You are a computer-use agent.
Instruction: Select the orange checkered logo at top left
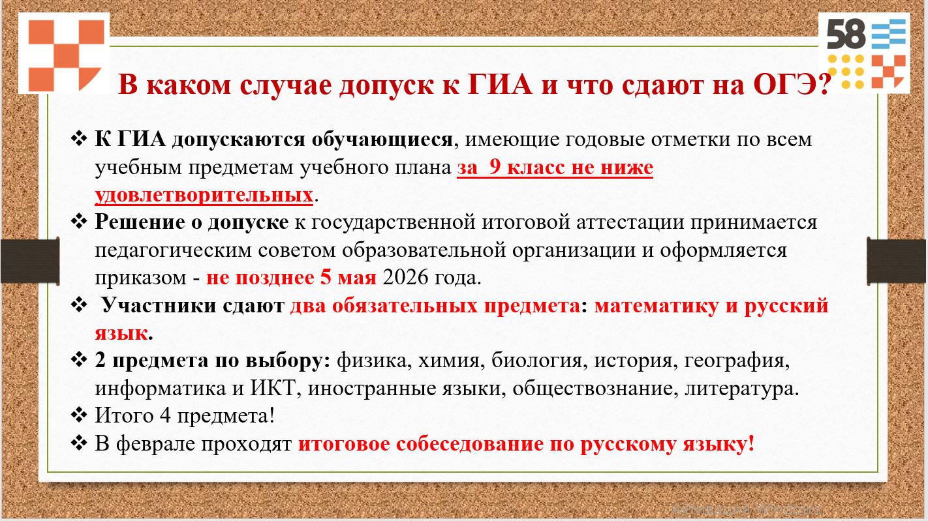point(65,54)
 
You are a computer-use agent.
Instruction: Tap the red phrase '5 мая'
point(348,277)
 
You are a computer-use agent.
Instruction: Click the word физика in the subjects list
point(371,361)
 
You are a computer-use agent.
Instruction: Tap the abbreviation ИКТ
point(273,388)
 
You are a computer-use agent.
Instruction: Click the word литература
point(741,388)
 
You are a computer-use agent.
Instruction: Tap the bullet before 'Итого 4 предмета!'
point(79,415)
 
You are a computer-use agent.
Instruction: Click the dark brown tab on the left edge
point(30,261)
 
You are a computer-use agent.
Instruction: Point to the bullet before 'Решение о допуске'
point(79,222)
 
